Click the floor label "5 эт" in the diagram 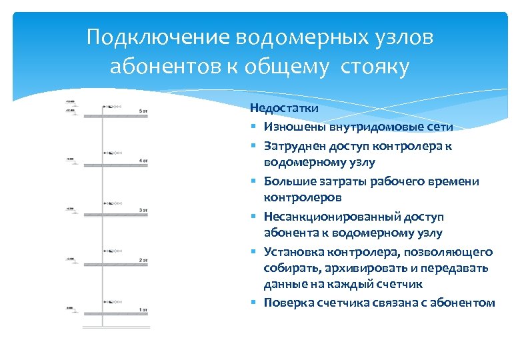pos(143,111)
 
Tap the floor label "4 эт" pos(143,161)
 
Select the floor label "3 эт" pos(143,210)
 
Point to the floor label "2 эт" pos(143,260)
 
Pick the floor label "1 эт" pos(143,310)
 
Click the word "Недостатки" pos(275,107)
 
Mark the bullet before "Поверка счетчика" pos(255,303)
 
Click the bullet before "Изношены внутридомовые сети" pos(255,127)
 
